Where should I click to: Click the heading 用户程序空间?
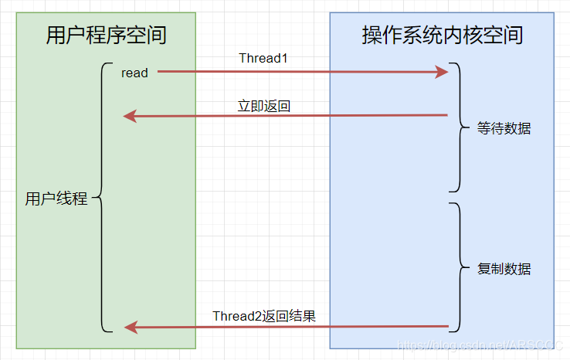pos(106,36)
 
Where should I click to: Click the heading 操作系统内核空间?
pos(442,36)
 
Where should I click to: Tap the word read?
pos(134,73)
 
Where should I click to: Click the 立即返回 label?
pos(264,106)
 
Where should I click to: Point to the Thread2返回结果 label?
pos(264,316)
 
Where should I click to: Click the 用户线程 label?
pos(56,199)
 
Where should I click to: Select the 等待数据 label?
pos(504,129)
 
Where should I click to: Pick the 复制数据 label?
pos(504,270)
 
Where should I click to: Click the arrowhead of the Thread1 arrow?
pos(442,72)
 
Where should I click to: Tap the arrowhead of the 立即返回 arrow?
pos(131,117)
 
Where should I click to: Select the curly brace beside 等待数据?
pos(460,127)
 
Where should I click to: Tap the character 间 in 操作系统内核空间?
pos(513,36)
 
